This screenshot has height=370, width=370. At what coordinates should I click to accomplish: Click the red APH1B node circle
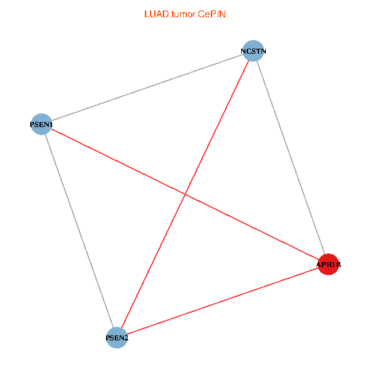coord(328,264)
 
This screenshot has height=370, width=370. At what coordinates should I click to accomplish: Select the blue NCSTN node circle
coord(253,51)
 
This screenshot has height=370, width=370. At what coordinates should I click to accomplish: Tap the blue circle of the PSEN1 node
coord(41,124)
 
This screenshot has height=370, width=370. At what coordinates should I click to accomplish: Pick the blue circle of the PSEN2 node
coord(117,337)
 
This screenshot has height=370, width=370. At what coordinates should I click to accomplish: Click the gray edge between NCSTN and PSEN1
coord(147,87)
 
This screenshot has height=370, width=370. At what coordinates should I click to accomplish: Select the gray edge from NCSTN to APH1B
coord(290,157)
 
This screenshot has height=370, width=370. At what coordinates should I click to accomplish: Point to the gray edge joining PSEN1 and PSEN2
coord(79,231)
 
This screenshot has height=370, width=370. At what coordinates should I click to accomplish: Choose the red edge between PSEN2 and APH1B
coord(222,301)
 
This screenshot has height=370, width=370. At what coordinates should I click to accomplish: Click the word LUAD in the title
coord(154,14)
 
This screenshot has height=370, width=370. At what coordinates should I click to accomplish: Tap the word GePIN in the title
coord(212,14)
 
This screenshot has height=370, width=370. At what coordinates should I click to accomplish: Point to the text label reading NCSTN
coord(253,51)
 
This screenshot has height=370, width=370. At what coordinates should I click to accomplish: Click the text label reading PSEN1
coord(41,125)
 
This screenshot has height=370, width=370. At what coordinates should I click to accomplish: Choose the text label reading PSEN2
coord(117,338)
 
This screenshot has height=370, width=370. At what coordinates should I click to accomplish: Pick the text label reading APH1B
coord(328,265)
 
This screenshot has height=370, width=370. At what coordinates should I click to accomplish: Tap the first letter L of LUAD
coord(146,14)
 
